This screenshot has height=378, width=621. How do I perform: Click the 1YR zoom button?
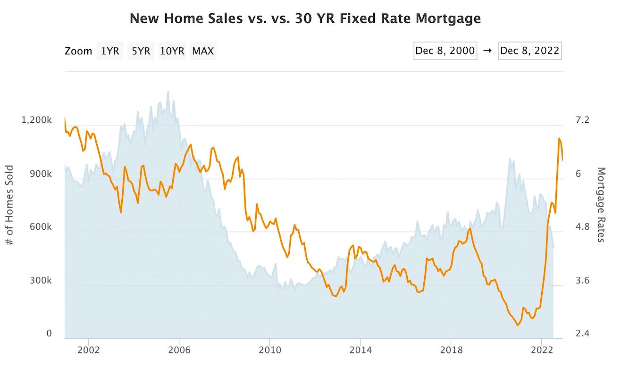[110, 51]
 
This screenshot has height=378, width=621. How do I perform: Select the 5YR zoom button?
[141, 51]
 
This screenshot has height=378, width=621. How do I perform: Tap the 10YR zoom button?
[172, 51]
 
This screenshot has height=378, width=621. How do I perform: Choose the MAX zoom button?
[203, 51]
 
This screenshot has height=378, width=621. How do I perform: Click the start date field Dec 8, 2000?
[445, 51]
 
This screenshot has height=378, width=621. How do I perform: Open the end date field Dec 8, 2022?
[529, 51]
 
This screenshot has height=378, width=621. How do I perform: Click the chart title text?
[305, 18]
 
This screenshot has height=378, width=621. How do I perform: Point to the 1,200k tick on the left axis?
[36, 120]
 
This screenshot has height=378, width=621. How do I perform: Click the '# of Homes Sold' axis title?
[9, 205]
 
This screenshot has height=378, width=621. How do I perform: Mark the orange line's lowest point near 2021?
[517, 325]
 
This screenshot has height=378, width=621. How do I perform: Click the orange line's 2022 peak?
[559, 138]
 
